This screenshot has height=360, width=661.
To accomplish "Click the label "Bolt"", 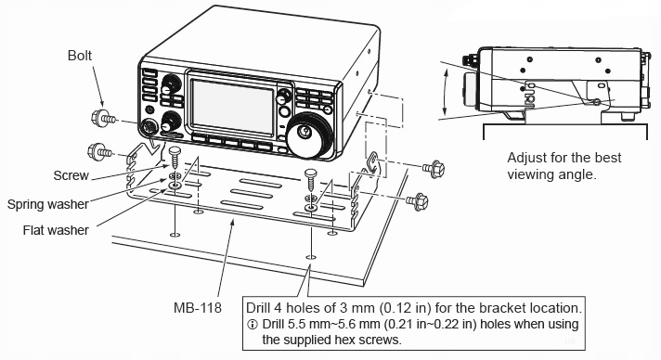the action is pos(80,56).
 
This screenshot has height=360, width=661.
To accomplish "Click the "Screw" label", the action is pos(71,175).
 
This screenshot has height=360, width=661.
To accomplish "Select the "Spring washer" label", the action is pos(47,204).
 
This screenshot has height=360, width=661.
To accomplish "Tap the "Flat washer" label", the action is pos(56,230).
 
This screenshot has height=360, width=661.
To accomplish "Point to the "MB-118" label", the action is pos(198,308).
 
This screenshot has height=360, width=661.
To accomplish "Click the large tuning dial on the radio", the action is pos(308,135).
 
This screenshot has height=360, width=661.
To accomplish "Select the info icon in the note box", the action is pos(253,325).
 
